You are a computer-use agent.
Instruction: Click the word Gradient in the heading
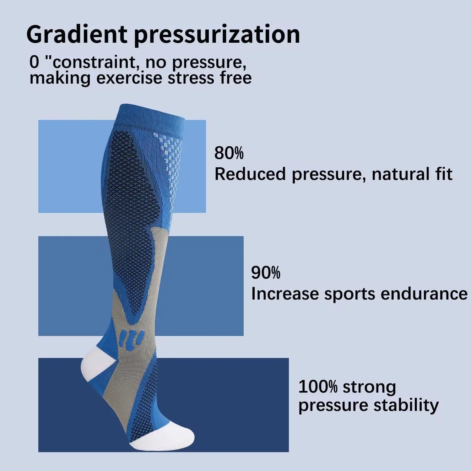[x=77, y=35]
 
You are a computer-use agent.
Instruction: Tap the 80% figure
[x=229, y=153]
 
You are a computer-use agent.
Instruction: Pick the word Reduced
[x=250, y=174]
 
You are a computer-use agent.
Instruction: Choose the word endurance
[x=424, y=294]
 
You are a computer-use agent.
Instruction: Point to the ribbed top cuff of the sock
[x=151, y=116]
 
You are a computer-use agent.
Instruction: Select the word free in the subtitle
[x=236, y=78]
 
